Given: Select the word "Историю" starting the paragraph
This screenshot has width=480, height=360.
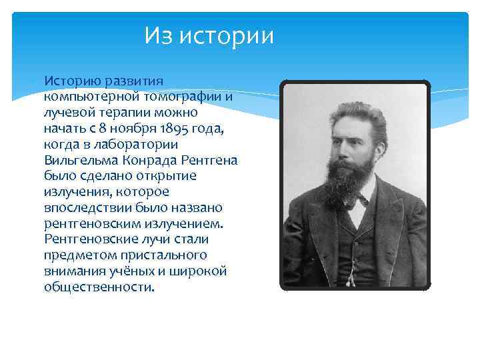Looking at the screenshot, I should click(73, 81).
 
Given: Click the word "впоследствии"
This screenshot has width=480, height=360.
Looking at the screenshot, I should click(85, 208).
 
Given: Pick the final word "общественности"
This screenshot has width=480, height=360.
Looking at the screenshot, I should click(98, 287).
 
